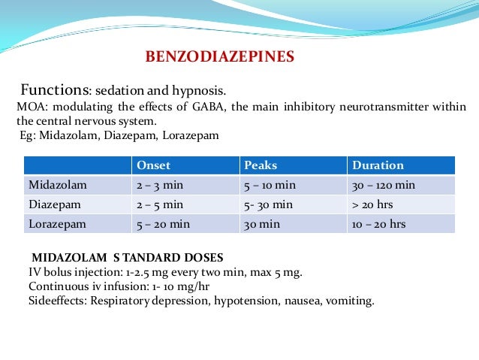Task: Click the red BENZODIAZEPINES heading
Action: [219, 56]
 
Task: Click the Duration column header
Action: [378, 165]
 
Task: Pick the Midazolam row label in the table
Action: [55, 185]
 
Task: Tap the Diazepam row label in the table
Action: [52, 204]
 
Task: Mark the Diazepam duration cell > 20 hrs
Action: [374, 204]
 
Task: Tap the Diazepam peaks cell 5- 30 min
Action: [269, 204]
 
